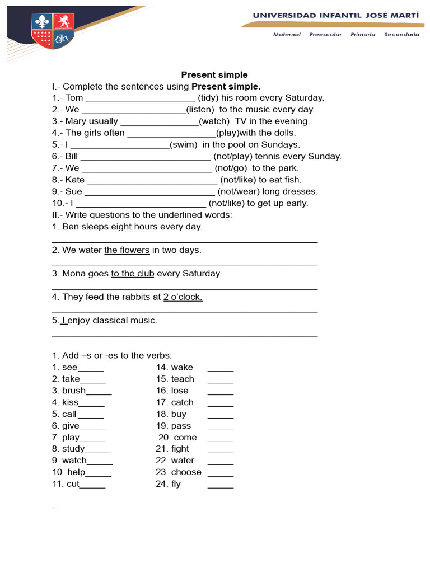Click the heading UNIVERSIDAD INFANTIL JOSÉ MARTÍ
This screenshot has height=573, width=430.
pos(335,16)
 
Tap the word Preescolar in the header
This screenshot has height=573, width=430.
pos(325,35)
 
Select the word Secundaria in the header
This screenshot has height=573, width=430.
pos(401,35)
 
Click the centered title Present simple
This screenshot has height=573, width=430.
pos(214,74)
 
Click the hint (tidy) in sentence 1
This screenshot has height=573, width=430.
pos(208,98)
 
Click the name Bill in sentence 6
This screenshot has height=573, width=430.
pos(72,157)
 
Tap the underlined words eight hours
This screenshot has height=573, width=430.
pos(134,227)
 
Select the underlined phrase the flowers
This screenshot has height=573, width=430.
pos(127,251)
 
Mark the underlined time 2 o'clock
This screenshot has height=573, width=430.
pos(183,298)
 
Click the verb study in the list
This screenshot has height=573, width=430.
pos(73,449)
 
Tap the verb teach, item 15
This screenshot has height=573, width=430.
pos(183,379)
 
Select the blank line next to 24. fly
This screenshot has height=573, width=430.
pos(221,485)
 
